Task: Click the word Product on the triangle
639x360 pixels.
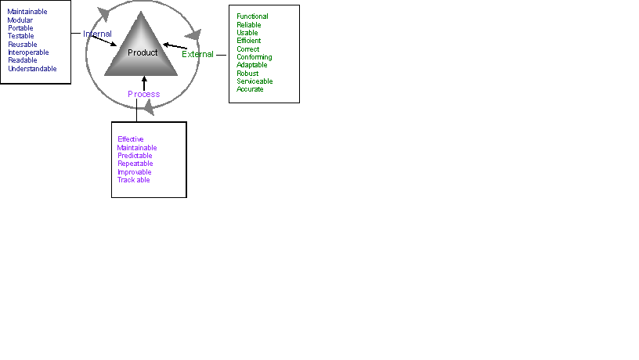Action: click(x=143, y=52)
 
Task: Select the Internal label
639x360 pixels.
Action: click(x=97, y=34)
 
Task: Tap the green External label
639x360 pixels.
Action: click(x=197, y=54)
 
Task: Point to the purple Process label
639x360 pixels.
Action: click(x=143, y=94)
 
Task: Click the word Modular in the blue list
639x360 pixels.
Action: click(x=20, y=20)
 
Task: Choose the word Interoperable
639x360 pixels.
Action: click(x=28, y=52)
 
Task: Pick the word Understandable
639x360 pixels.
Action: click(x=32, y=69)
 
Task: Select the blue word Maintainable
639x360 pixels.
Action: click(x=27, y=12)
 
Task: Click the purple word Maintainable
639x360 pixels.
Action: click(x=137, y=148)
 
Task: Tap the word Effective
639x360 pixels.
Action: click(x=131, y=139)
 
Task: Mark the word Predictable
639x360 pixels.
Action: click(x=135, y=156)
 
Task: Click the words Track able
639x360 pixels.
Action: click(x=134, y=180)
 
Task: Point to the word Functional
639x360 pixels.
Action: click(x=252, y=16)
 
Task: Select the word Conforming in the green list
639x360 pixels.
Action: click(x=254, y=57)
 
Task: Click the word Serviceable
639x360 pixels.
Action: click(x=255, y=81)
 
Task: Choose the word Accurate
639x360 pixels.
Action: click(x=250, y=89)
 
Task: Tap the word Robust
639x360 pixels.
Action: click(x=247, y=74)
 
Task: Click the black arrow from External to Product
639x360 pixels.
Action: click(x=175, y=46)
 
